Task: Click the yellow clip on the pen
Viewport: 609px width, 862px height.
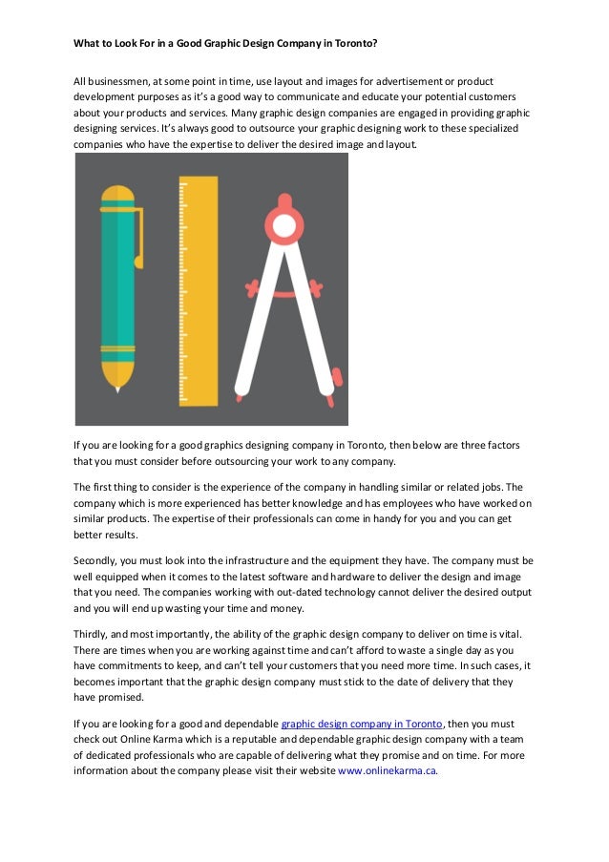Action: [138, 238]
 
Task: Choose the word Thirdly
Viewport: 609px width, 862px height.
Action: [94, 634]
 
